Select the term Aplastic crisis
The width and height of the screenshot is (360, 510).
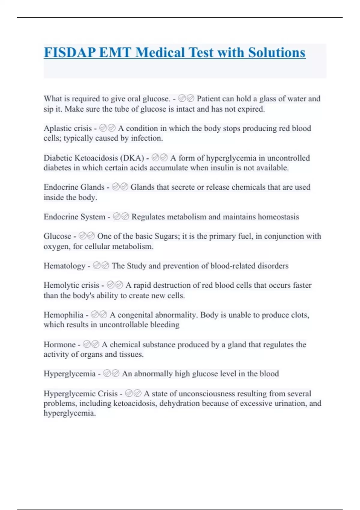pyautogui.click(x=67, y=128)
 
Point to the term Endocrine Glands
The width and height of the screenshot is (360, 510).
pyautogui.click(x=74, y=187)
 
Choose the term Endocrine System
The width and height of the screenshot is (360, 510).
pyautogui.click(x=74, y=217)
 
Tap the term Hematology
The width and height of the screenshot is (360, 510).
pyautogui.click(x=64, y=266)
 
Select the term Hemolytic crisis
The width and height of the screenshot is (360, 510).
pyautogui.click(x=71, y=285)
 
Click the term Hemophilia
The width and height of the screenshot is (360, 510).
pyautogui.click(x=63, y=315)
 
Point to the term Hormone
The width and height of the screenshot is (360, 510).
pyautogui.click(x=59, y=344)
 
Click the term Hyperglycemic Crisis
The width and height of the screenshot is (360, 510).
pyautogui.click(x=80, y=394)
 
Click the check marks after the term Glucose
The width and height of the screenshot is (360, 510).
pyautogui.click(x=87, y=236)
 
